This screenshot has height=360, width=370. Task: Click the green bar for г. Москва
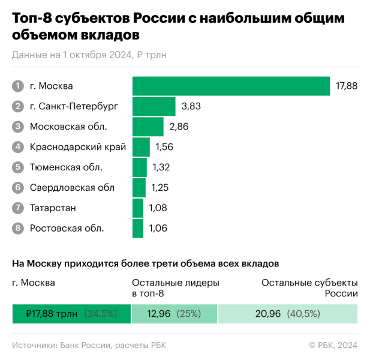(x=231, y=86)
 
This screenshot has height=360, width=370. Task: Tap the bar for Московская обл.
(x=148, y=127)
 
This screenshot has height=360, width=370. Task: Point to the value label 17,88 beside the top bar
(x=347, y=86)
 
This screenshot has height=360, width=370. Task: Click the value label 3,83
(x=191, y=106)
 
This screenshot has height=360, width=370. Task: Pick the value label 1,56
(x=165, y=147)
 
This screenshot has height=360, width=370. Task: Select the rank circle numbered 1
(x=17, y=86)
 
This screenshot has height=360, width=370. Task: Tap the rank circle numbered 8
(x=17, y=228)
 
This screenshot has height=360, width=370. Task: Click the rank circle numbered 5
(x=17, y=167)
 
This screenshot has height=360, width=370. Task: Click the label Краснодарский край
(x=77, y=147)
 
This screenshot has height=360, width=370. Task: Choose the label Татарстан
(x=53, y=208)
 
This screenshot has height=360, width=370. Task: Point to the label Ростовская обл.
(x=67, y=228)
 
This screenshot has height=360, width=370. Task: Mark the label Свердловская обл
(x=71, y=188)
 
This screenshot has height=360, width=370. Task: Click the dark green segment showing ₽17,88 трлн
(x=71, y=314)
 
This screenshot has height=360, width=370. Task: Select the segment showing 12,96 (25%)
(x=174, y=314)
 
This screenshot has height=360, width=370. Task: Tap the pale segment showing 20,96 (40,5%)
(x=288, y=314)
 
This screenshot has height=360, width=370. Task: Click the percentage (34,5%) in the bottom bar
(x=100, y=314)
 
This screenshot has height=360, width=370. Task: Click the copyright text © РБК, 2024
(x=333, y=344)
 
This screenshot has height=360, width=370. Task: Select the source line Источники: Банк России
(x=88, y=344)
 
